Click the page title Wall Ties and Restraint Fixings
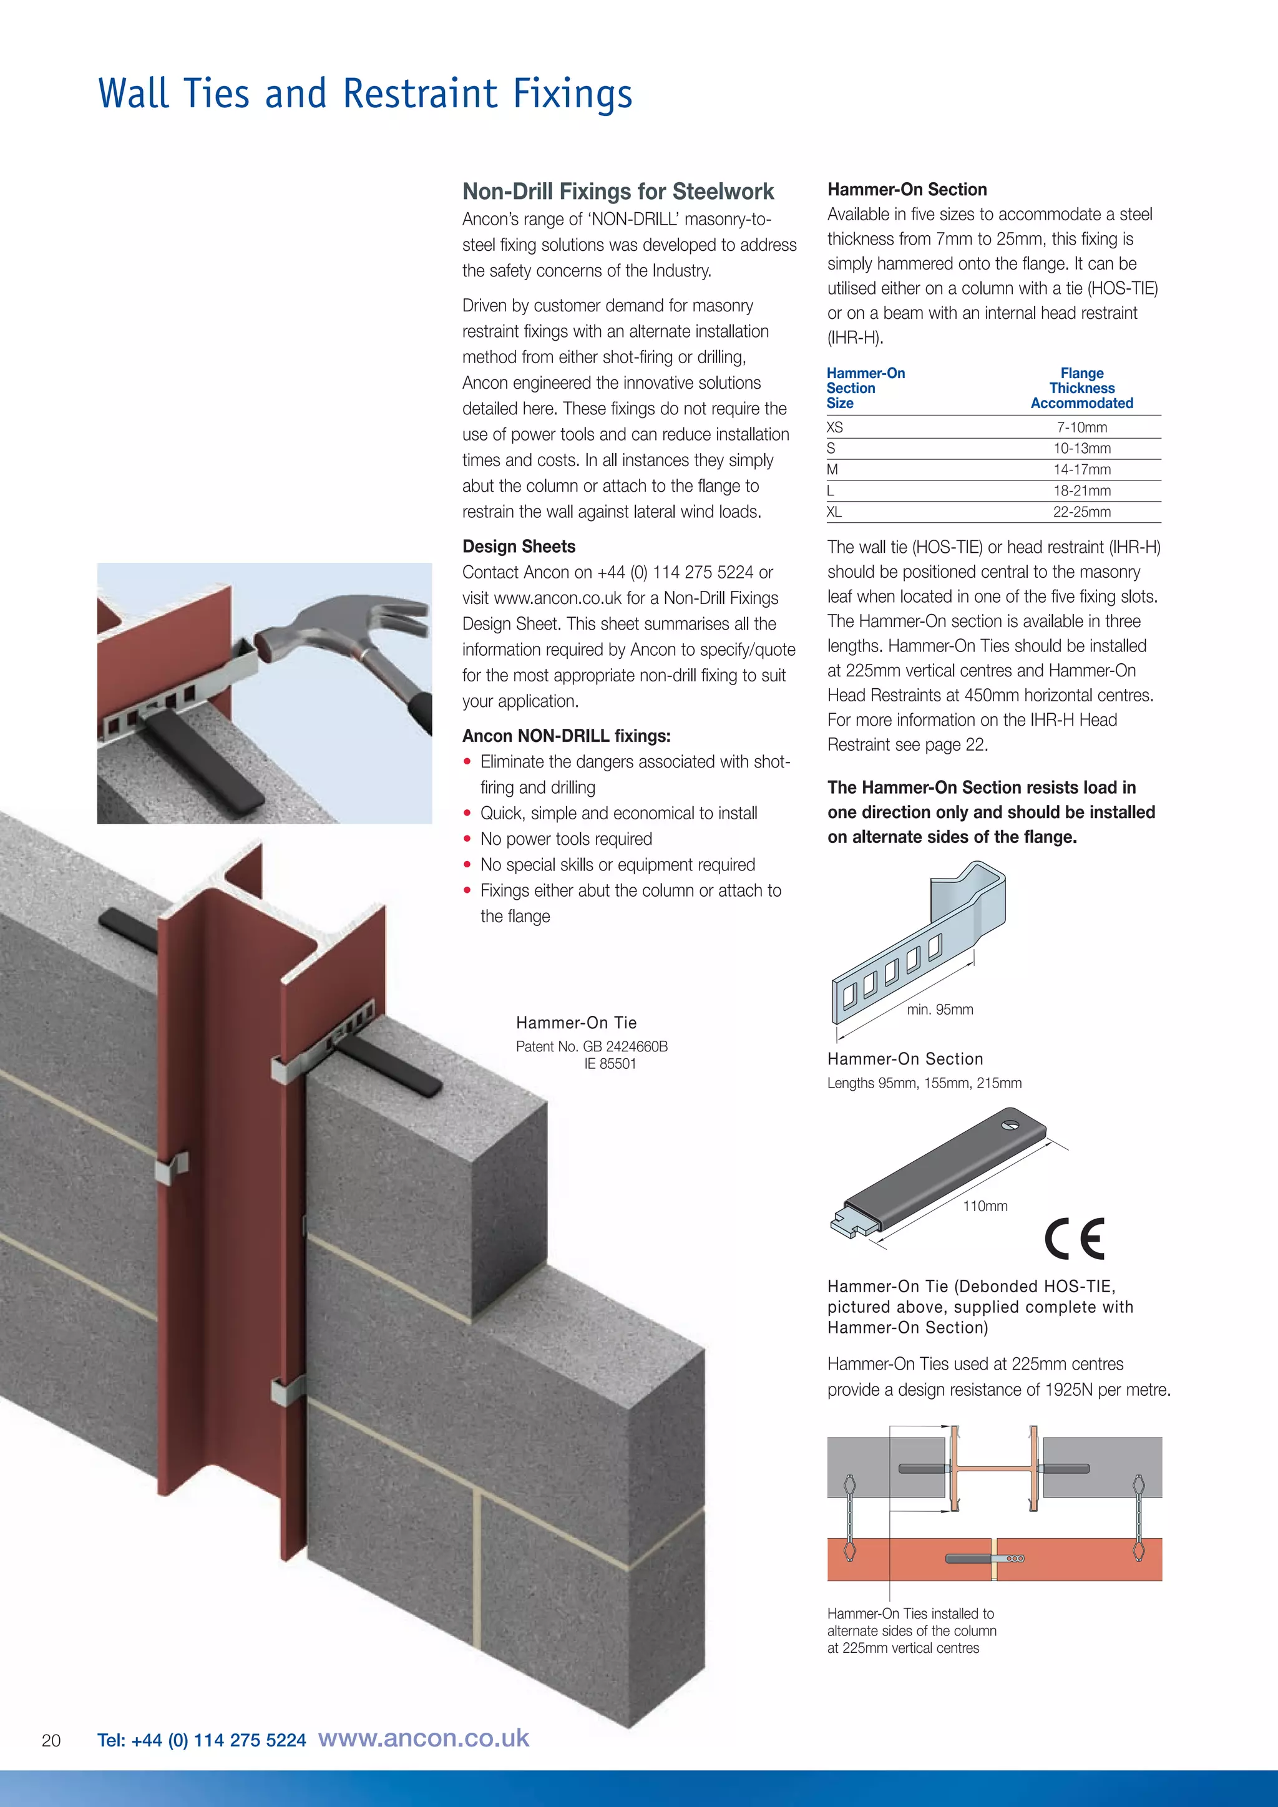[x=364, y=94]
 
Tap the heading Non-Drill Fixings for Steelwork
[x=618, y=192]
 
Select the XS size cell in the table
[x=835, y=427]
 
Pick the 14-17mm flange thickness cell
[x=1082, y=469]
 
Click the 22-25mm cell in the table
[x=1082, y=512]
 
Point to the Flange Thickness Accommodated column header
[x=1082, y=388]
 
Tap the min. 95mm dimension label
[x=940, y=1010]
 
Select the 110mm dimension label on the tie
[x=985, y=1205]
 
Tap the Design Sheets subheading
[x=519, y=546]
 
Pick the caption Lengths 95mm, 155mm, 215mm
[x=924, y=1083]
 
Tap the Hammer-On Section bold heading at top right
[x=907, y=190]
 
